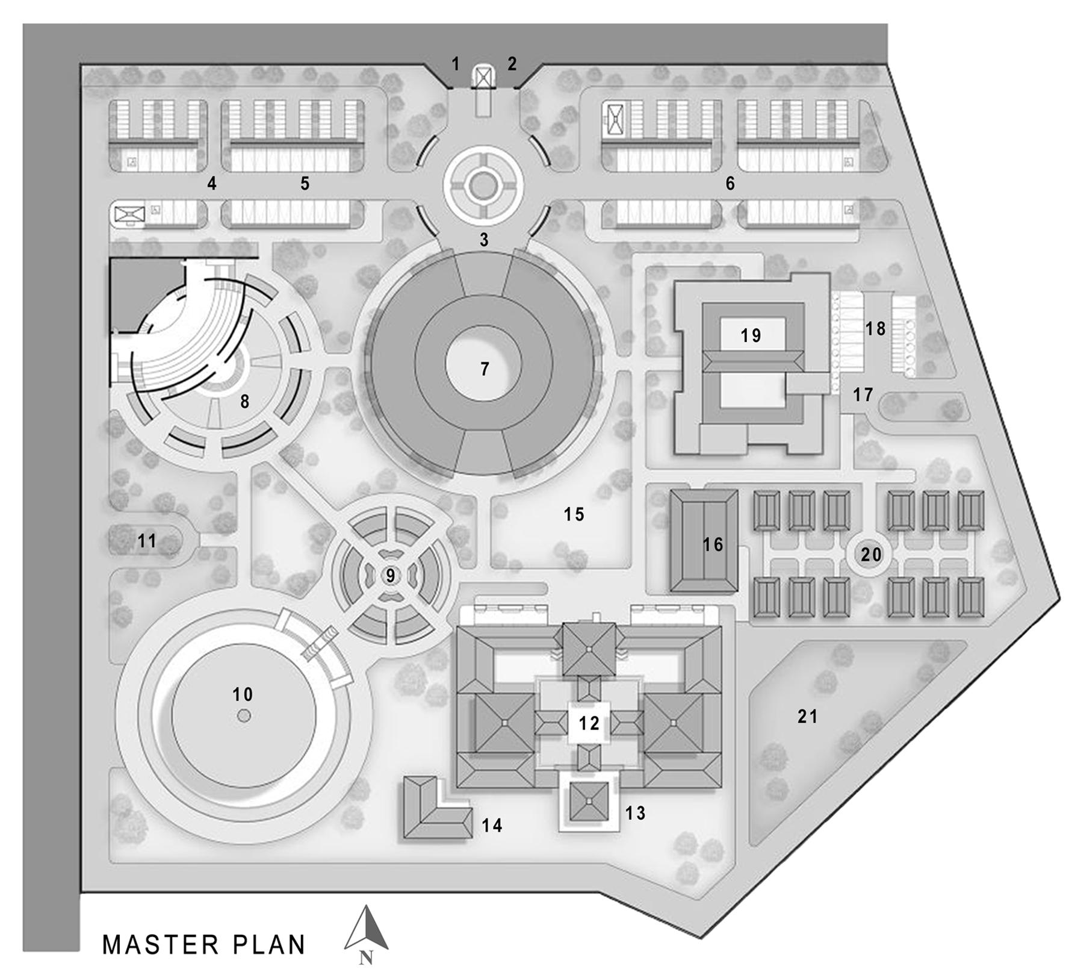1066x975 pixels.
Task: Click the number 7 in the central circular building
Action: (x=485, y=369)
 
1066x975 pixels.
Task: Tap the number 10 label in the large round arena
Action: (x=243, y=694)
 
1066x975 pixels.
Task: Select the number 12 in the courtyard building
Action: (x=589, y=723)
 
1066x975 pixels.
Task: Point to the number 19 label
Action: (x=751, y=335)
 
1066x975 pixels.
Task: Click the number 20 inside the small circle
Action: (x=870, y=554)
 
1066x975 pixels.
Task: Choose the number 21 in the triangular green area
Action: (x=807, y=716)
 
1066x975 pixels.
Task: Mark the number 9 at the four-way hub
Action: (x=391, y=576)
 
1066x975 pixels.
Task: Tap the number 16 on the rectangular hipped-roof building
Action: (x=713, y=544)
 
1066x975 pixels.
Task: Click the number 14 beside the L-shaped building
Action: (x=492, y=825)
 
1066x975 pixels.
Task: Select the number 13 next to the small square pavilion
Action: (x=635, y=813)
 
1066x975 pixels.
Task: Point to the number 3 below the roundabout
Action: (x=484, y=240)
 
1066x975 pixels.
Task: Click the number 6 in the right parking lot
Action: (x=730, y=183)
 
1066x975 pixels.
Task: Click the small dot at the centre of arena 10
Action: (x=243, y=715)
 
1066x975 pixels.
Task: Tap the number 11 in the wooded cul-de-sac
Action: (x=147, y=541)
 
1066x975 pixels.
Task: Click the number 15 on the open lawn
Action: (x=574, y=514)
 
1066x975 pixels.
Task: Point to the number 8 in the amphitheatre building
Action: (x=244, y=401)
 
